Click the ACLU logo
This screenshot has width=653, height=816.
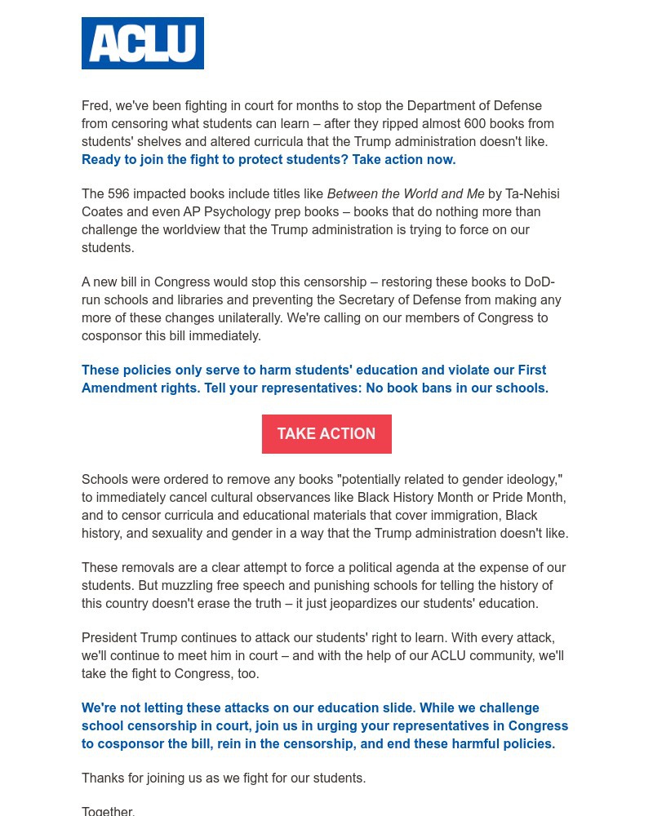tap(143, 43)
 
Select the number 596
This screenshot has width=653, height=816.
tap(120, 194)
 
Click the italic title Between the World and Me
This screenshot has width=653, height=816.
tap(406, 194)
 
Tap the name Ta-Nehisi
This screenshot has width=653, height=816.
tap(532, 194)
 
